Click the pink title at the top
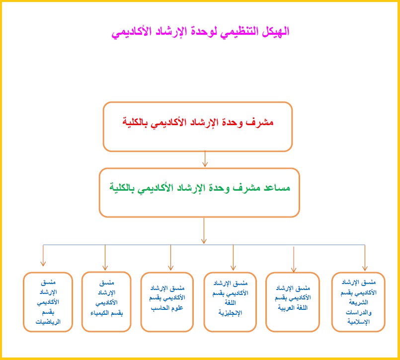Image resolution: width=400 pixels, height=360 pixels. click(x=200, y=32)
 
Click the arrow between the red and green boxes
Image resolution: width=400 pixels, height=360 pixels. click(x=205, y=159)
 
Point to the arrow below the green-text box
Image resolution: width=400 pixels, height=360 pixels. click(x=204, y=231)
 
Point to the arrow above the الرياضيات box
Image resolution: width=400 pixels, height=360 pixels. click(x=43, y=255)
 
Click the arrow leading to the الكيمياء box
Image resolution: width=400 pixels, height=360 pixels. click(x=105, y=258)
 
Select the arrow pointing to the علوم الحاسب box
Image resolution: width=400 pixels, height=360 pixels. click(x=170, y=258)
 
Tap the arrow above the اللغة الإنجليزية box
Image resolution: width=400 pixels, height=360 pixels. click(x=233, y=258)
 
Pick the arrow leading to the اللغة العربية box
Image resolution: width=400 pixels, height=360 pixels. click(x=294, y=259)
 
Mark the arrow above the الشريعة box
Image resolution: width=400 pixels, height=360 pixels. click(x=365, y=258)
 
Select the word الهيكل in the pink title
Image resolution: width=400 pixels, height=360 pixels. click(x=275, y=32)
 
